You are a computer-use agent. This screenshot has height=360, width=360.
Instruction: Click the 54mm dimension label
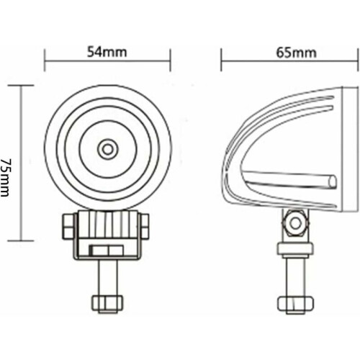(107, 52)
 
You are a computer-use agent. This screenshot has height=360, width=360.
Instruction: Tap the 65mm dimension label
(296, 53)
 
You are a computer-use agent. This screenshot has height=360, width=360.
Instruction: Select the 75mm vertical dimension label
(5, 177)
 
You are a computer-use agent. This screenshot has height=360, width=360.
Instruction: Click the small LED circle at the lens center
(108, 150)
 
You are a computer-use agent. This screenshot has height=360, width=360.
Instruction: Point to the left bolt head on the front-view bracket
(68, 227)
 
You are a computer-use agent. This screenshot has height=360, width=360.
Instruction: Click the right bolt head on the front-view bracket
(145, 226)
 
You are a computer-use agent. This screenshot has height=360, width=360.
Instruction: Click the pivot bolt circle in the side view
(295, 223)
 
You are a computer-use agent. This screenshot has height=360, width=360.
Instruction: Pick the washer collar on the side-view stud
(295, 249)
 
